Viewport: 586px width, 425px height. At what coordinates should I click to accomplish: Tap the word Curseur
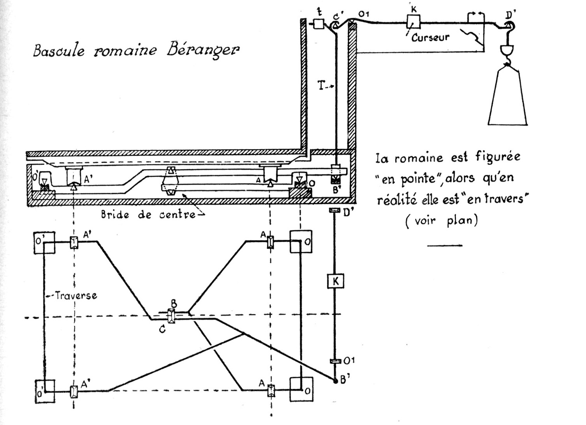[430, 37]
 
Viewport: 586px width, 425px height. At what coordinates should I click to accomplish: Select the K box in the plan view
[336, 281]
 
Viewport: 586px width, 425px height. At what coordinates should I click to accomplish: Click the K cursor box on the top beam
[414, 21]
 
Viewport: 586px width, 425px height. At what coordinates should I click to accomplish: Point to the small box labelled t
[319, 24]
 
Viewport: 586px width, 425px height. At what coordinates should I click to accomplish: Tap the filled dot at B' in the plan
[336, 381]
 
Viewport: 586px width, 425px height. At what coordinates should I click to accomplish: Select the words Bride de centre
[148, 214]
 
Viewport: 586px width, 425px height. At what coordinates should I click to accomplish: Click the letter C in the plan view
[162, 329]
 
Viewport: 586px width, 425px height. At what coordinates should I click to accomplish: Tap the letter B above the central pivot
[174, 304]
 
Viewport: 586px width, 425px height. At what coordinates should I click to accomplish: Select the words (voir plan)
[442, 220]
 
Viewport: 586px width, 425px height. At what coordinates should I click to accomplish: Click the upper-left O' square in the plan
[44, 243]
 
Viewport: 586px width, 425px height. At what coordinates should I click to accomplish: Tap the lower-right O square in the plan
[301, 389]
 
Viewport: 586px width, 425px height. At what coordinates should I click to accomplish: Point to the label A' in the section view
[88, 178]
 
